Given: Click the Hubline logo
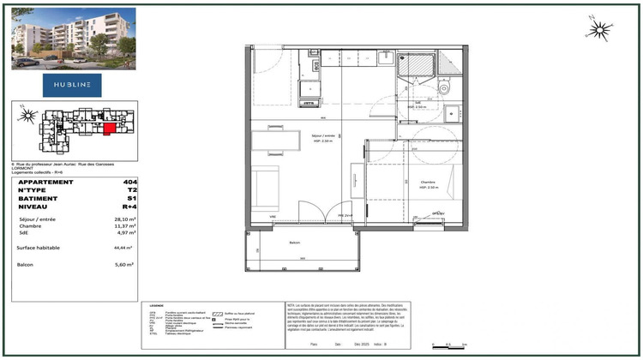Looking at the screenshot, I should (x=72, y=84).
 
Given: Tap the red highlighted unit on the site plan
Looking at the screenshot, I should (x=107, y=129).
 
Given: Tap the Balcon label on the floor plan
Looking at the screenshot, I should (x=295, y=243).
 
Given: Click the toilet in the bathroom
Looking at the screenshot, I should (x=443, y=87).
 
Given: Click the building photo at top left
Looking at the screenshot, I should (x=73, y=38).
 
